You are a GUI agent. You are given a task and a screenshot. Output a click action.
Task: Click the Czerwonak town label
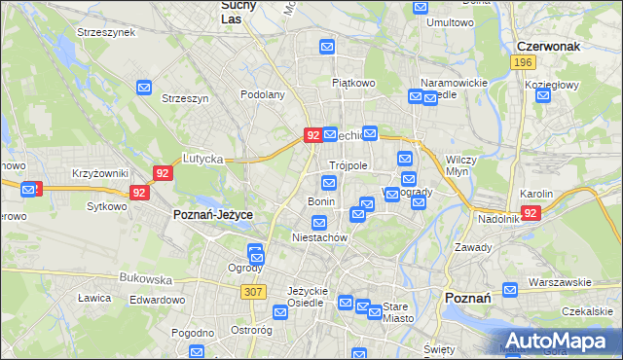[x=550, y=46]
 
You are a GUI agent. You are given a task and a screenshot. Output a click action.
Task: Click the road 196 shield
[x=524, y=62]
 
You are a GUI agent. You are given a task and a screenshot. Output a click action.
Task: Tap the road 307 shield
[x=255, y=291]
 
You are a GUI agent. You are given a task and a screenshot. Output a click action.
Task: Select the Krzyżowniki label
[x=100, y=173]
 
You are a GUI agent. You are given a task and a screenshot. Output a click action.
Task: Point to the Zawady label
[x=473, y=247]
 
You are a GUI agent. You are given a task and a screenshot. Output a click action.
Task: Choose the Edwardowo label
[x=157, y=300]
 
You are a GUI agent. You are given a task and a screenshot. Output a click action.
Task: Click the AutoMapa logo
[x=558, y=340]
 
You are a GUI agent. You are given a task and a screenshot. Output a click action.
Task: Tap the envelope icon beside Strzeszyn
[x=145, y=88]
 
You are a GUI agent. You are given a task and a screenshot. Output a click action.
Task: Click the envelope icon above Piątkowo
[x=328, y=46]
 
